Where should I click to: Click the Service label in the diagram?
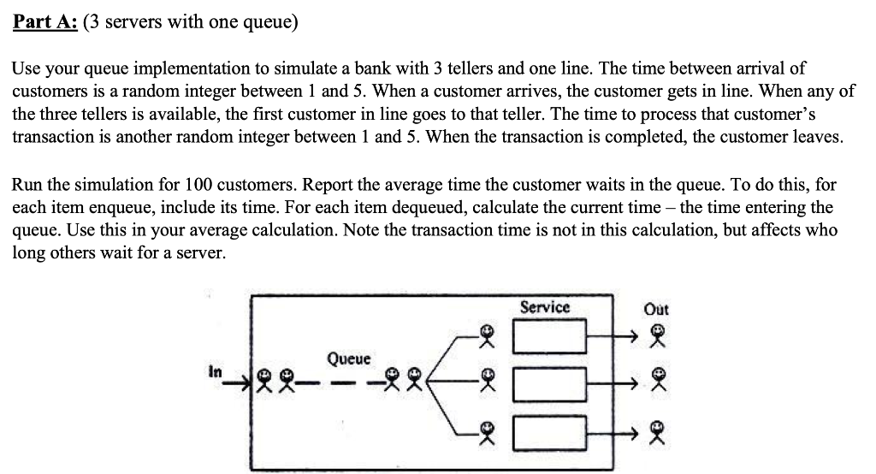point(545,306)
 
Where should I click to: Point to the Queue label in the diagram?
point(348,358)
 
